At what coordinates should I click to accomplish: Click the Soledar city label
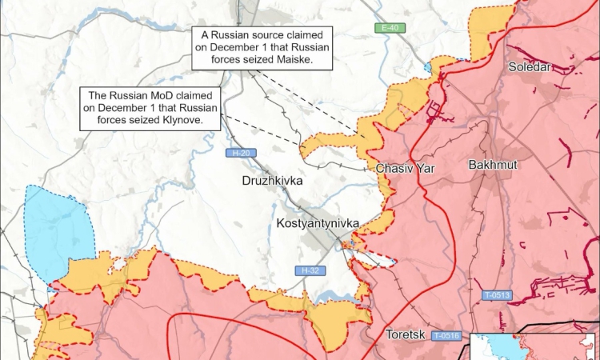pyautogui.click(x=530, y=67)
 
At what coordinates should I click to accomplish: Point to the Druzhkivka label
pyautogui.click(x=272, y=182)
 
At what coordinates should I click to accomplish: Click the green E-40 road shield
pyautogui.click(x=390, y=29)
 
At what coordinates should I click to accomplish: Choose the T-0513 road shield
pyautogui.click(x=496, y=295)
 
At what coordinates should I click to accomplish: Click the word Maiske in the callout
pyautogui.click(x=290, y=60)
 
